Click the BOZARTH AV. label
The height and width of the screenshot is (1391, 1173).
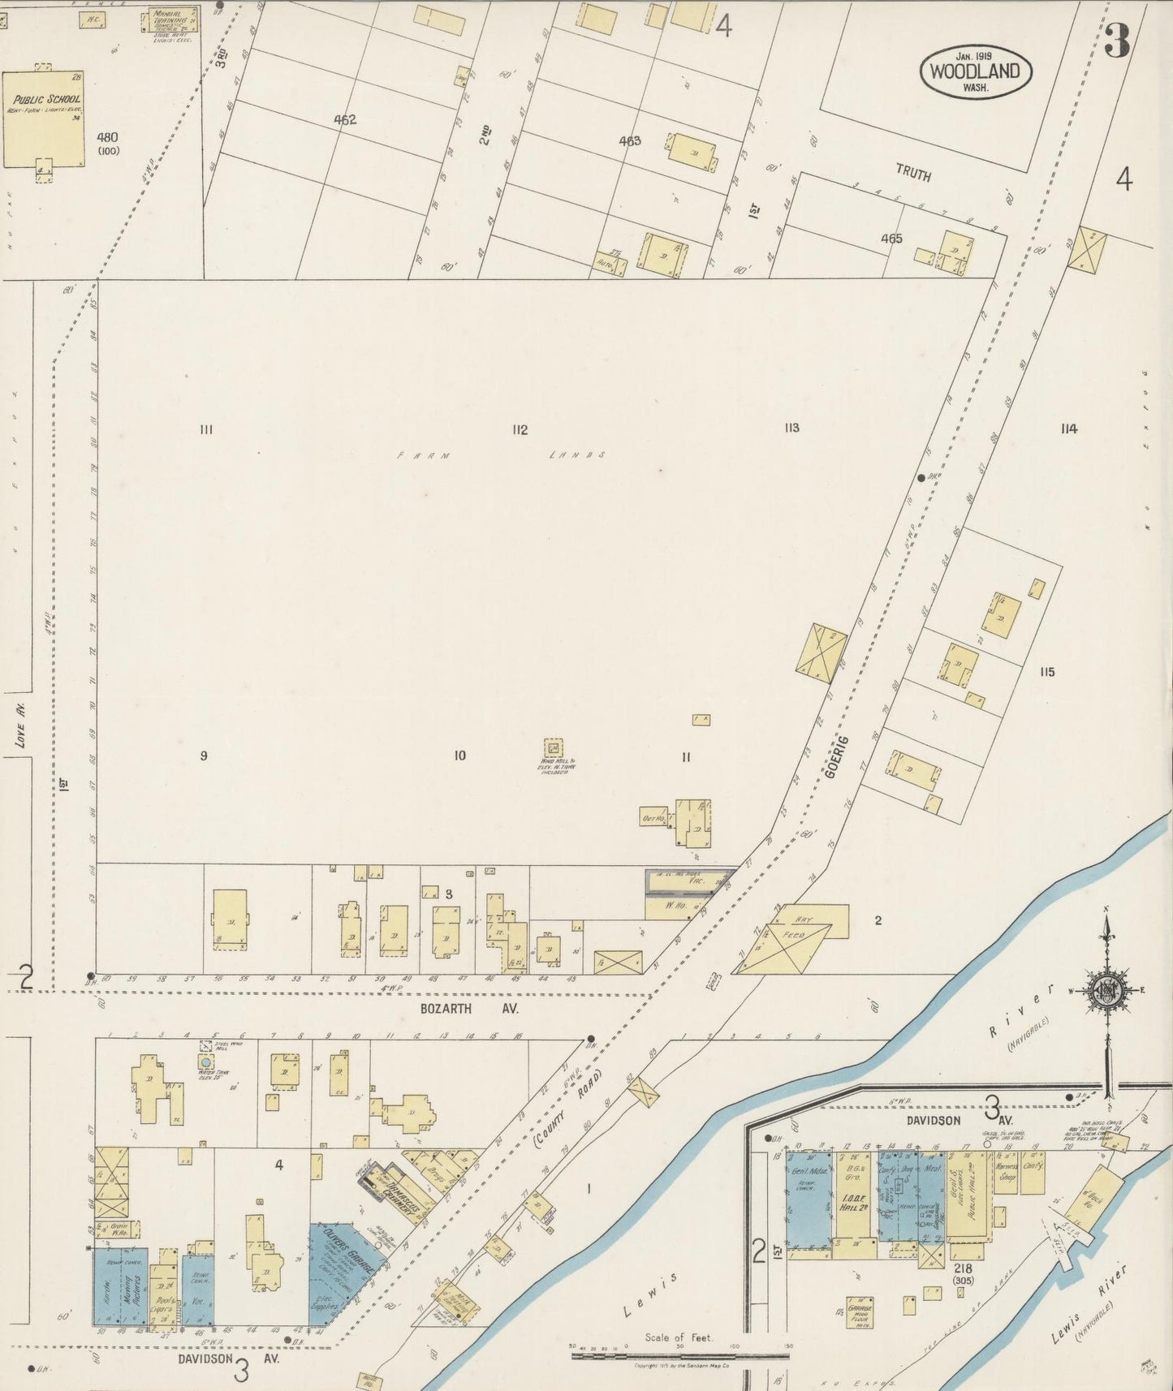468,1008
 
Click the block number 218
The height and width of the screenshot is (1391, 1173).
964,1268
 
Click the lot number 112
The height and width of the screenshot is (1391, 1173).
520,430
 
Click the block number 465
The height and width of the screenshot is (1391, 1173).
891,239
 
